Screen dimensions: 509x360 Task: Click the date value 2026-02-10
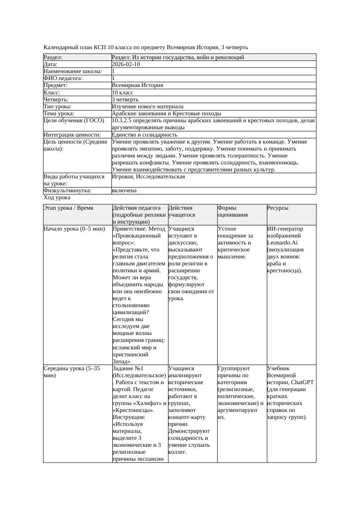126,64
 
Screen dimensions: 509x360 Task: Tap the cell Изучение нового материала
148,107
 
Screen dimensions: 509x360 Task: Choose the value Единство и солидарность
145,135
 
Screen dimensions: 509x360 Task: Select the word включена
124,191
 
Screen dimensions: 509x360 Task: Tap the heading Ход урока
57,198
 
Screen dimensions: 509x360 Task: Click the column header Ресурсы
277,208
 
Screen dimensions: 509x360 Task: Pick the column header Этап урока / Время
68,208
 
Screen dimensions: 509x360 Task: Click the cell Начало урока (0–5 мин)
74,229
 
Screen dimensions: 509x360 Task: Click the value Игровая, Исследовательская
148,177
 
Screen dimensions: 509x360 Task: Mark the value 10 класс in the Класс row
122,93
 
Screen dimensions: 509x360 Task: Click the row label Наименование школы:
73,71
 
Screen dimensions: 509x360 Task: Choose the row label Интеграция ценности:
72,135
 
